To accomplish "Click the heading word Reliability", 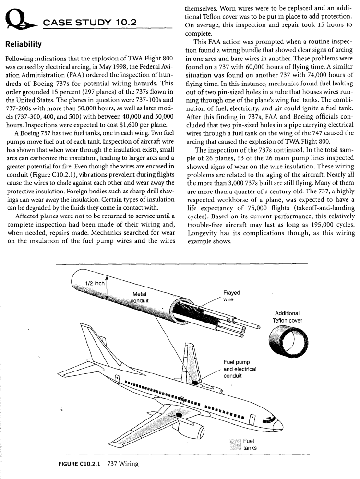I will click(25, 45).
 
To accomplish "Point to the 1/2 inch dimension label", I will click(95, 283).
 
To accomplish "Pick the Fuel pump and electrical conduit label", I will click(240, 369).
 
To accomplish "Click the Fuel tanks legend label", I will click(249, 444).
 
